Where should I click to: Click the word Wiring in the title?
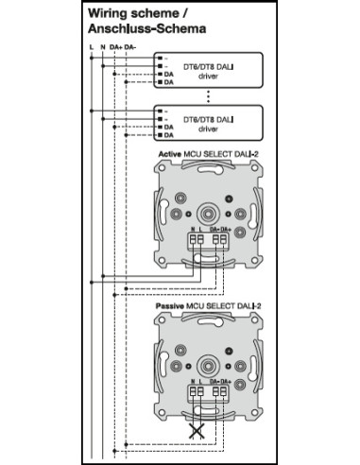click(x=107, y=15)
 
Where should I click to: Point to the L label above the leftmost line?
click(x=90, y=46)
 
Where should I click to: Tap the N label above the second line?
click(x=101, y=46)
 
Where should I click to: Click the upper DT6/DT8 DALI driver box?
click(x=208, y=70)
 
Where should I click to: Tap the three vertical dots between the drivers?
click(x=208, y=95)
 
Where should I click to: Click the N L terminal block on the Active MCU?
click(x=197, y=240)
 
